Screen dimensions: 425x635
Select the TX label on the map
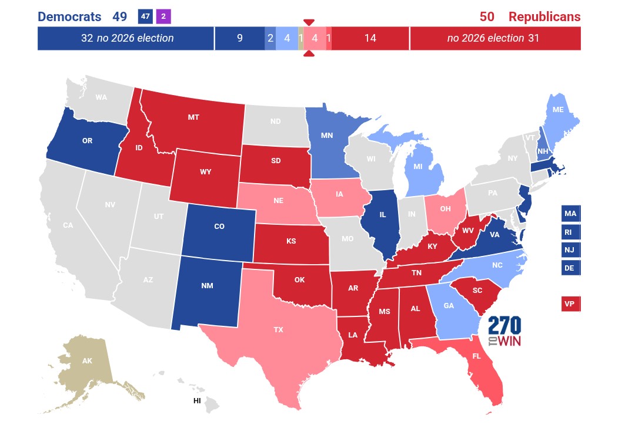coord(279,330)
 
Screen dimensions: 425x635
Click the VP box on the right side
coord(570,304)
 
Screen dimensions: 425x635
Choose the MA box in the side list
coord(570,214)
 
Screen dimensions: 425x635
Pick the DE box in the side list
coord(570,268)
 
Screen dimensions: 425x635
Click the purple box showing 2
coord(163,16)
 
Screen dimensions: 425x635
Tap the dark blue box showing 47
coord(145,16)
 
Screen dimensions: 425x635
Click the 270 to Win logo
coord(505,332)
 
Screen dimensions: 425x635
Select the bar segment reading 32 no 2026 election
coord(126,38)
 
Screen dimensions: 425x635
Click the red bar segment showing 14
coord(370,38)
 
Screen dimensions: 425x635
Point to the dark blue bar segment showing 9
coord(239,38)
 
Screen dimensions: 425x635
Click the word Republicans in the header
coord(544,16)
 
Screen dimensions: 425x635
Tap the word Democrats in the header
coord(70,16)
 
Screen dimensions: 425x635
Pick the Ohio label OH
coord(445,208)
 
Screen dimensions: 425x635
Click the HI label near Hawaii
coord(197,401)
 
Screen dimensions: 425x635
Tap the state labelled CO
coord(219,227)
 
